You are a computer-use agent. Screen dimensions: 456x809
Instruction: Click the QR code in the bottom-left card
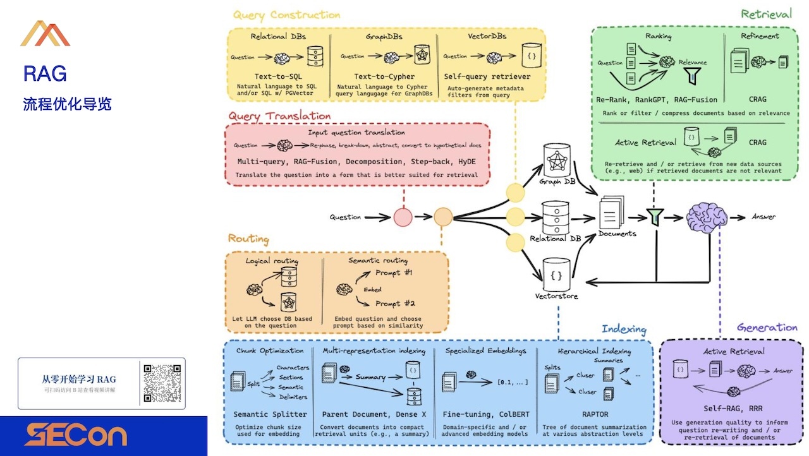(162, 383)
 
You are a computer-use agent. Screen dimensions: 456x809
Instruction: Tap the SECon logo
(76, 435)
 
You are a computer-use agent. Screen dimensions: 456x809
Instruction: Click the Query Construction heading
(286, 15)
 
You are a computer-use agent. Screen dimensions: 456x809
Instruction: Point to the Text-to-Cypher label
(384, 76)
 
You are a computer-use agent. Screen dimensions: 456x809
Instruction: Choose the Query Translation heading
(279, 116)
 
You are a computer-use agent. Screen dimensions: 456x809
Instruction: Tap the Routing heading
(248, 239)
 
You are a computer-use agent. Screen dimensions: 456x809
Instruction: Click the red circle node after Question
(403, 217)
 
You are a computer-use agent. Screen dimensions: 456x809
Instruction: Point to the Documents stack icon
(611, 213)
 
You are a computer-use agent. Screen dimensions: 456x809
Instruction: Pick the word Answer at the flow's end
(763, 217)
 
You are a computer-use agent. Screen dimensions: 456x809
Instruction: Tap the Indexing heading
(624, 329)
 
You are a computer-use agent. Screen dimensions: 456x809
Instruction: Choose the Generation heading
(767, 327)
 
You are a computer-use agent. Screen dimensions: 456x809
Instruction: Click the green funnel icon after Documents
(654, 217)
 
